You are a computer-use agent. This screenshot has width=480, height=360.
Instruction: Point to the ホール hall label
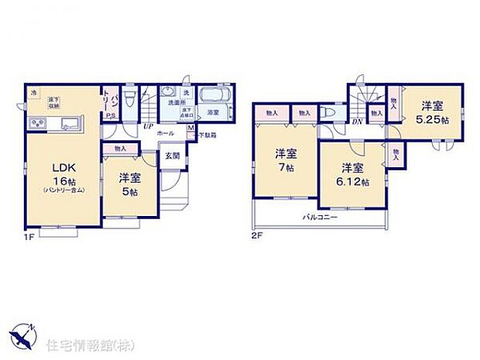[165, 134]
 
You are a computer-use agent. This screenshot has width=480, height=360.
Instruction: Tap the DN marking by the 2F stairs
[358, 122]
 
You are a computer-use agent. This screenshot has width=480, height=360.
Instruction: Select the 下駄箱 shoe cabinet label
[206, 135]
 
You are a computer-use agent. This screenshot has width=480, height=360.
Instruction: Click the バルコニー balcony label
[318, 218]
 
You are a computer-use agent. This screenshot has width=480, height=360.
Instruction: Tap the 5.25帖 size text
[432, 121]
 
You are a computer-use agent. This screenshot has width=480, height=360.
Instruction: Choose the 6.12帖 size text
[354, 183]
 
